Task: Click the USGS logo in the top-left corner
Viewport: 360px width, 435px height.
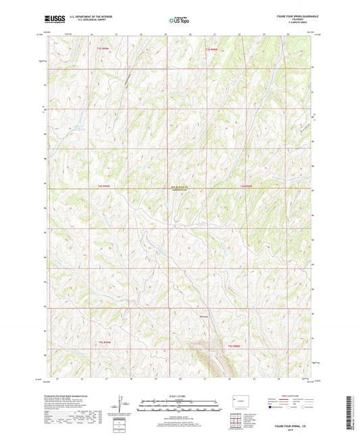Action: pyautogui.click(x=51, y=20)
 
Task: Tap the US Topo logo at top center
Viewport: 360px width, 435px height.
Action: pyautogui.click(x=178, y=20)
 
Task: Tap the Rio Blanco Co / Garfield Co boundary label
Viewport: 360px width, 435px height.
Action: pyautogui.click(x=179, y=188)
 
